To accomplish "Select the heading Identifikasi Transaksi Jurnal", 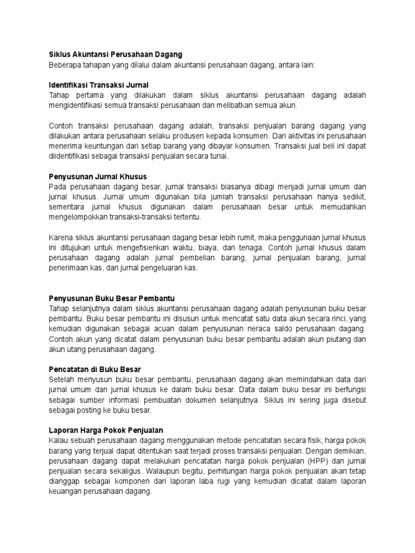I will (x=98, y=85).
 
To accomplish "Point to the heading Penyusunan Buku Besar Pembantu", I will (x=111, y=298).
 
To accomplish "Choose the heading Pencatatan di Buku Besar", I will (x=95, y=369).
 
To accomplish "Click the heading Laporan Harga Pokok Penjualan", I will (x=106, y=430).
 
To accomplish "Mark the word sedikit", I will (x=352, y=197).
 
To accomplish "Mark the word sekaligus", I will (x=108, y=470).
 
